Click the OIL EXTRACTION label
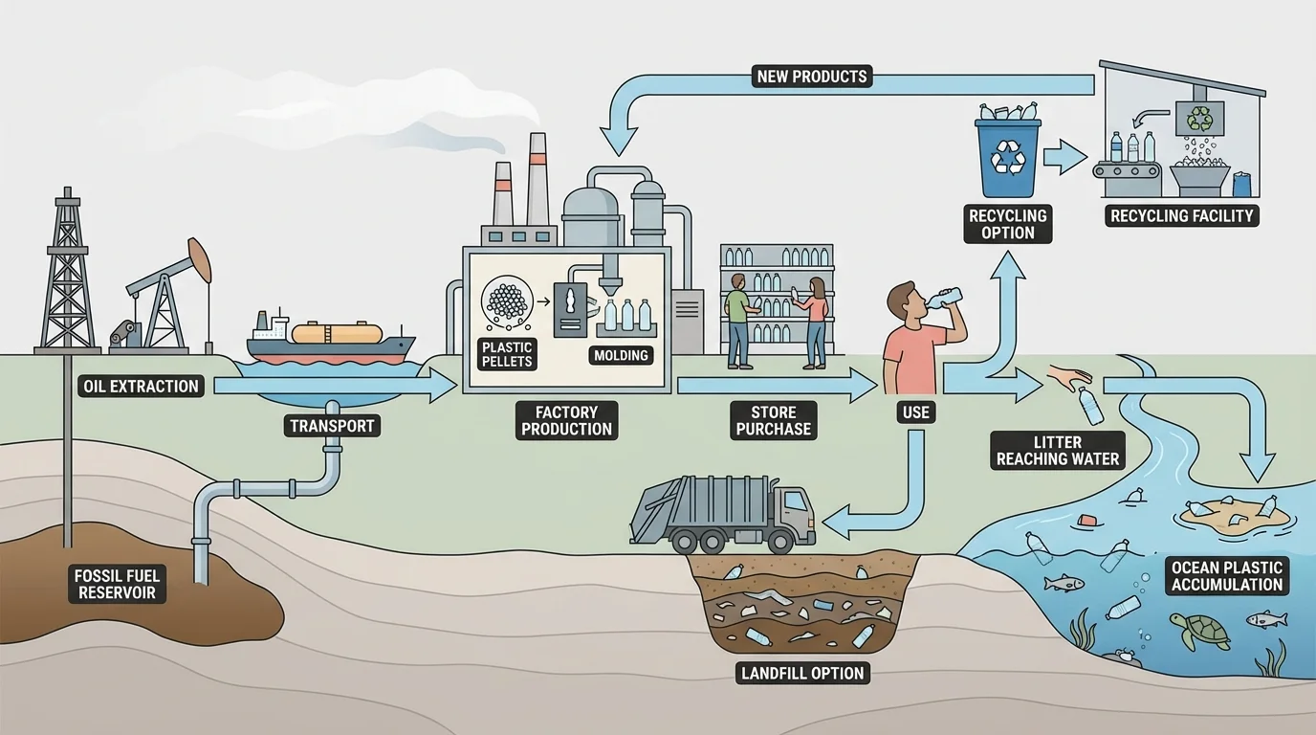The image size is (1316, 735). (x=140, y=387)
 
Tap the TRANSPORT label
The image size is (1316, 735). (x=332, y=425)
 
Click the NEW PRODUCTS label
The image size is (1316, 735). (x=812, y=77)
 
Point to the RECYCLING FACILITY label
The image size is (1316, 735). (x=1182, y=215)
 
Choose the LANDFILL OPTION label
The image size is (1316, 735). (x=802, y=673)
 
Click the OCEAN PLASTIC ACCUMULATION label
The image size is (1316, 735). (x=1227, y=576)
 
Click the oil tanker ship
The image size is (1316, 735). (x=330, y=339)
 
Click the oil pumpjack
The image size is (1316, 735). (x=167, y=292)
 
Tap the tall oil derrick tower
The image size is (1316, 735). (x=67, y=273)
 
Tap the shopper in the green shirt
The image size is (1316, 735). (x=737, y=321)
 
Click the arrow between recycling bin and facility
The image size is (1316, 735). (x=1064, y=157)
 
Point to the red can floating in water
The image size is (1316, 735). (x=1086, y=520)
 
